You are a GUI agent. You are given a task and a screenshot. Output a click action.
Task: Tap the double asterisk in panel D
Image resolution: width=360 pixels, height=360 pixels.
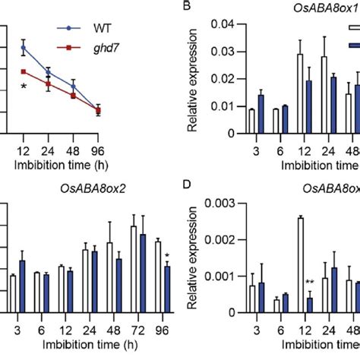(311, 283)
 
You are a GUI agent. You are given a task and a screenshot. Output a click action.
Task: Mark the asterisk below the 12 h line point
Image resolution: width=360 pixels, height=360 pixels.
(24, 88)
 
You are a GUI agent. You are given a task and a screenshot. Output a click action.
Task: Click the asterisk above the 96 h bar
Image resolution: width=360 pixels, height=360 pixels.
(166, 255)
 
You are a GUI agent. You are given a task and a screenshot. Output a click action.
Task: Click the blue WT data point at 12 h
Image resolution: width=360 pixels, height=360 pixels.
(24, 47)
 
